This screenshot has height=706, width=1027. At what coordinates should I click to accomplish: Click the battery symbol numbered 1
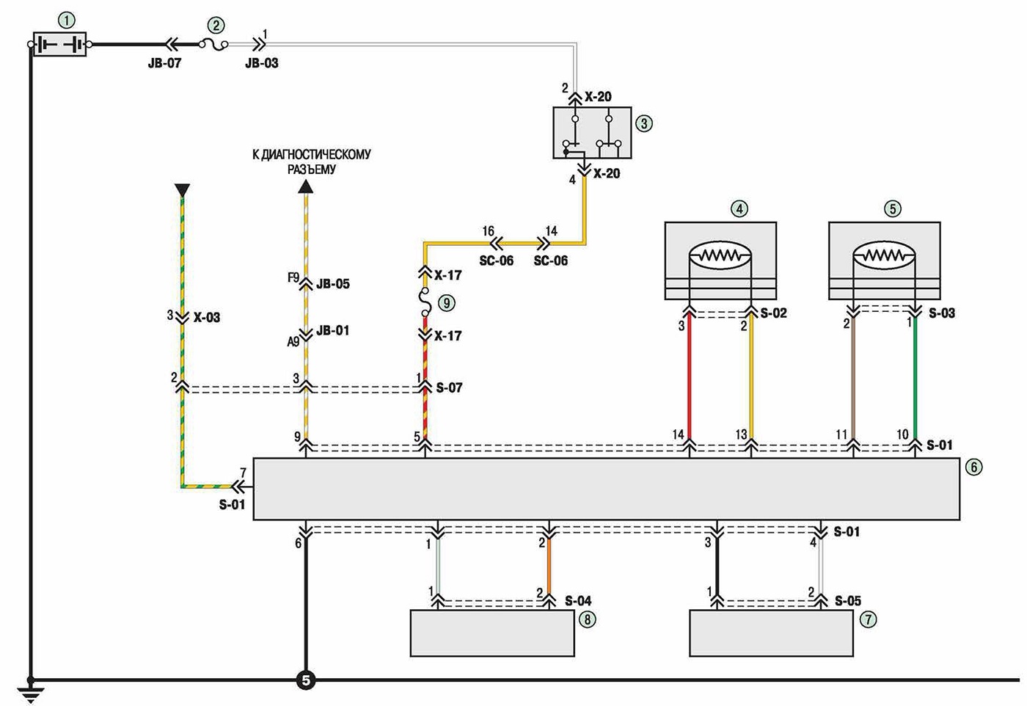point(59,45)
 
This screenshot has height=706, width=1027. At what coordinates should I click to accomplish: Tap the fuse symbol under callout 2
point(213,45)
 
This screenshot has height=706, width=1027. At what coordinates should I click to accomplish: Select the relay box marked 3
point(592,133)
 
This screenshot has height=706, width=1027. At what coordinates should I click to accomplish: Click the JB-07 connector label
point(164,63)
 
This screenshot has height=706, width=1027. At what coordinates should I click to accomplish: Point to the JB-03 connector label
point(262,63)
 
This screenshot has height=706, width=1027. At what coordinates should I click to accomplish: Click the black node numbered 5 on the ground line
point(306,680)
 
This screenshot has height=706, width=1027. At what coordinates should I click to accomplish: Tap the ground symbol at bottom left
point(30,694)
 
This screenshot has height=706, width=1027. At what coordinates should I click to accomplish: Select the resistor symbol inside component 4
point(720,256)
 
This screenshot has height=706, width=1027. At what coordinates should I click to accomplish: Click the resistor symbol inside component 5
point(883,256)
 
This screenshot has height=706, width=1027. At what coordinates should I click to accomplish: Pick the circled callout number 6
point(974,467)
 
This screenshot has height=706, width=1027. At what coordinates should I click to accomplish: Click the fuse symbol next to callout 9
point(425,302)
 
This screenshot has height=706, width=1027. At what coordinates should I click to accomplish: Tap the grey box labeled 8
point(492,633)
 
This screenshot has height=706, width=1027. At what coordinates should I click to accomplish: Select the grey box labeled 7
point(771,633)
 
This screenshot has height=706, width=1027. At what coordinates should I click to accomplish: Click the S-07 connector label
point(449,387)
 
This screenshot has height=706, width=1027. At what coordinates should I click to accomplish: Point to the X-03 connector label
point(207,318)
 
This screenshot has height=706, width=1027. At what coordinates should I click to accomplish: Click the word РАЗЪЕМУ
point(312,170)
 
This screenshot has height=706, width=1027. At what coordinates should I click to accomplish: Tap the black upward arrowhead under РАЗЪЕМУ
point(306,186)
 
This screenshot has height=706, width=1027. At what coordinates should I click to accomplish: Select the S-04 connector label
point(578,600)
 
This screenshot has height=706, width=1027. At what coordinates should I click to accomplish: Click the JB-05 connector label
point(333,283)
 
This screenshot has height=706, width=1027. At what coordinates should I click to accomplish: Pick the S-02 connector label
point(773,313)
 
